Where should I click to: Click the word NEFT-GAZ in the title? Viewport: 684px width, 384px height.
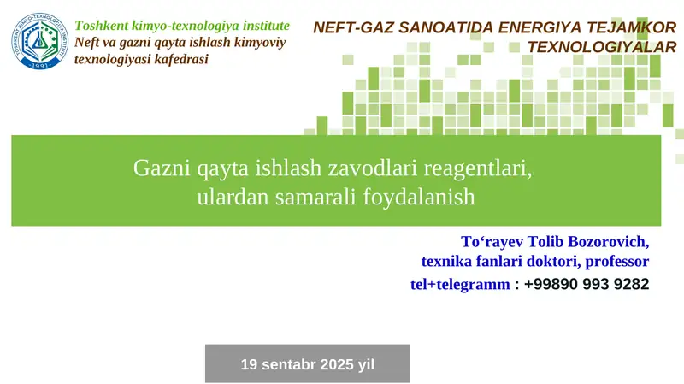(x=350, y=27)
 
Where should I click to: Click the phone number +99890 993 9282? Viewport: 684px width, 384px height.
(x=587, y=284)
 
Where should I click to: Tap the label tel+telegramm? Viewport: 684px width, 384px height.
(x=460, y=284)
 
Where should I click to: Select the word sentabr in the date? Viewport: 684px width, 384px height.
(x=291, y=364)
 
